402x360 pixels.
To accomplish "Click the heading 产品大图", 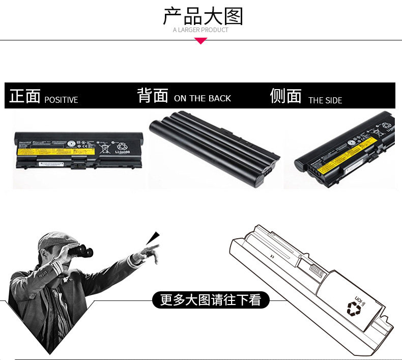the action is coord(203,16).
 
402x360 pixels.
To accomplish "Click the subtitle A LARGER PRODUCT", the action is coord(200,30).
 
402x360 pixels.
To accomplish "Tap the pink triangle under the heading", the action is coord(201,41).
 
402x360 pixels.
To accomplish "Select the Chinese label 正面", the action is coord(24,96).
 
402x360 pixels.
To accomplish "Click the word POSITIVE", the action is coord(61,100).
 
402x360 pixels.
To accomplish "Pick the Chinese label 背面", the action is coord(153,95).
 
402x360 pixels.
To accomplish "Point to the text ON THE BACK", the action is coord(203,99).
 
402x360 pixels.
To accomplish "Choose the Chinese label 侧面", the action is coord(285,96).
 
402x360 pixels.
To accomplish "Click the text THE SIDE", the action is coord(325,101).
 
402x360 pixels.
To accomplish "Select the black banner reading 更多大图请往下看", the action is coord(211,300).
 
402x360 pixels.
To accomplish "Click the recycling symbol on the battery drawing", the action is coord(353,307).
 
